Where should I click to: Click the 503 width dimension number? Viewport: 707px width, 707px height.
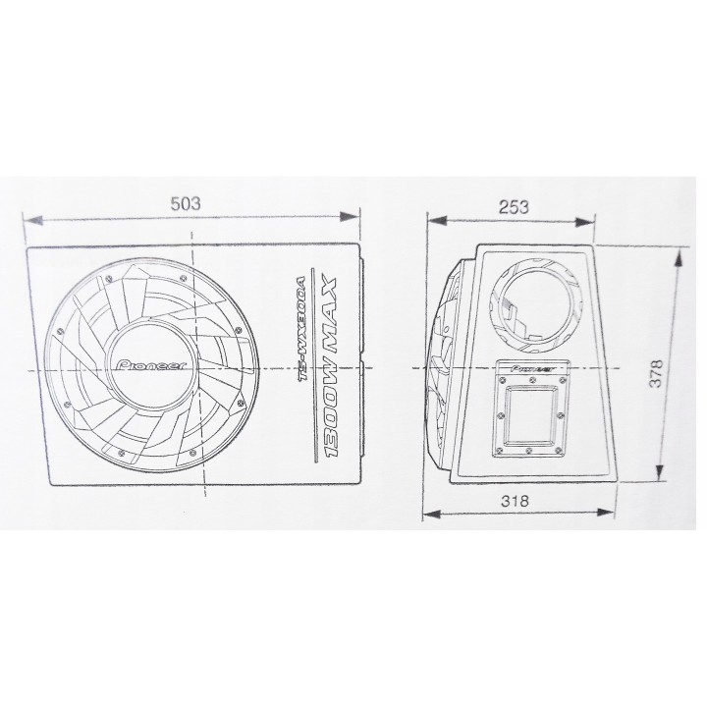186,204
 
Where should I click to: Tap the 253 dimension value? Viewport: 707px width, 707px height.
514,206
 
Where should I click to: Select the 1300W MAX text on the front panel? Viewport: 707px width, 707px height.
331,369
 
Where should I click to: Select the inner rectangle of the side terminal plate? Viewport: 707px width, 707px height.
527,413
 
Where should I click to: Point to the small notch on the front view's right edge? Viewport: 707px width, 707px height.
362,365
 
